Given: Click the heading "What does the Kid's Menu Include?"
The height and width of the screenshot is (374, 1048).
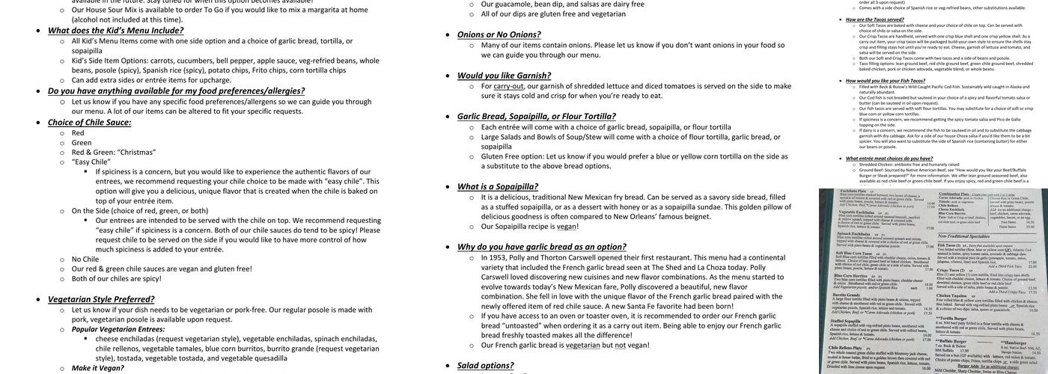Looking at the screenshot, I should click(x=115, y=31).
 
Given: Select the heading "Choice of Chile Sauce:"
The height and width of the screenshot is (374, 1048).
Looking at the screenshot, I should click(x=89, y=122).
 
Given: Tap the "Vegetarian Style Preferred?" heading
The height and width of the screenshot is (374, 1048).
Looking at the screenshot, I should click(x=101, y=299).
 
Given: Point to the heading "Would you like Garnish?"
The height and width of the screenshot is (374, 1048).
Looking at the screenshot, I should click(x=504, y=76).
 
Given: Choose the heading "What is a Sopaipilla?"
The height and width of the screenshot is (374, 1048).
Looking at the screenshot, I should click(x=497, y=186).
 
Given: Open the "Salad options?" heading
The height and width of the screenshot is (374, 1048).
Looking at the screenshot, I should click(x=485, y=365).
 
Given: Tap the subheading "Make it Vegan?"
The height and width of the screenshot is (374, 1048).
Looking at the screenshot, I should click(x=97, y=368).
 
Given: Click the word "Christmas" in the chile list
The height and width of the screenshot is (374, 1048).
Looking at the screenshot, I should click(x=137, y=152).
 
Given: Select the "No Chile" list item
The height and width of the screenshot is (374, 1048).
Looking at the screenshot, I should click(x=85, y=259).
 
